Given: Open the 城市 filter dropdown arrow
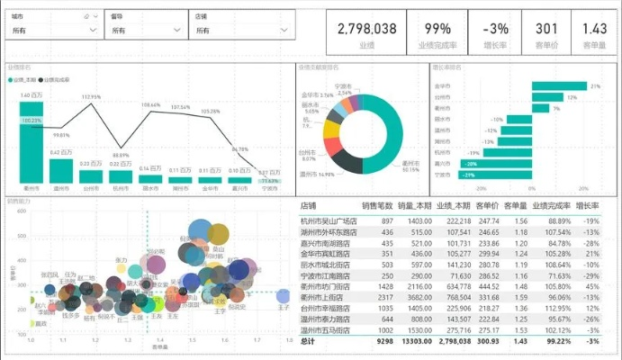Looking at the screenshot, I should pyautogui.click(x=93, y=31).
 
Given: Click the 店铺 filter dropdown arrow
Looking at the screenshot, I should pyautogui.click(x=278, y=31).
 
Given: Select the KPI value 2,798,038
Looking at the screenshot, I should pyautogui.click(x=366, y=29).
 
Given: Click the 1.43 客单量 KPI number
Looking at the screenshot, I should pyautogui.click(x=594, y=29).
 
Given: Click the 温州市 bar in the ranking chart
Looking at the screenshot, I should pyautogui.click(x=61, y=170).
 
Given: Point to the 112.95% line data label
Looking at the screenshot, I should pyautogui.click(x=91, y=96).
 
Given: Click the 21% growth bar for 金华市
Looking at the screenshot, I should pyautogui.click(x=560, y=86).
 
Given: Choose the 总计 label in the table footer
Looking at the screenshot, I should pyautogui.click(x=309, y=342).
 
